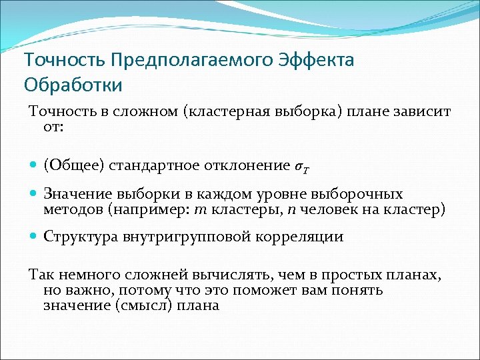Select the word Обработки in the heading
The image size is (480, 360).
tap(73, 85)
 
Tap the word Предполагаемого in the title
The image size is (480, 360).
tap(193, 60)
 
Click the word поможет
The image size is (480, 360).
tap(275, 290)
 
